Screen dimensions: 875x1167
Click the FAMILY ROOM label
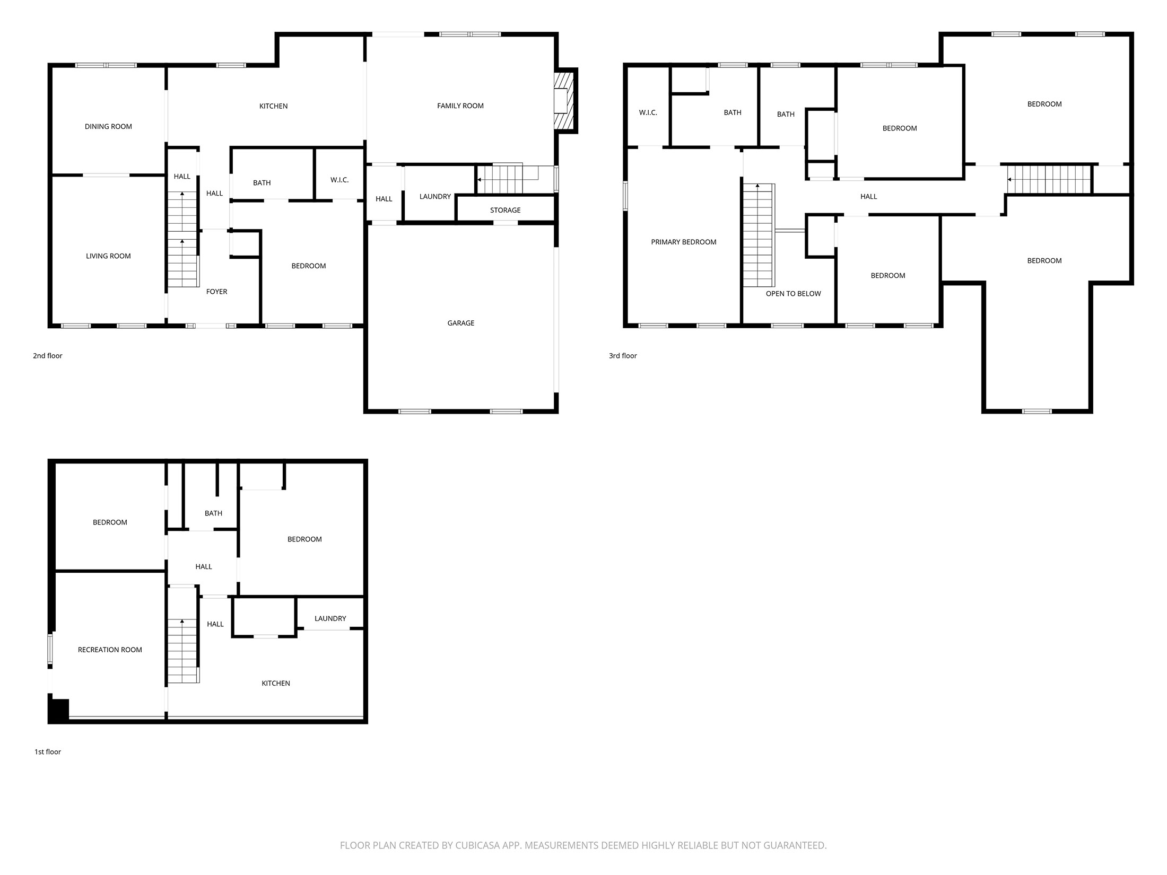(x=460, y=106)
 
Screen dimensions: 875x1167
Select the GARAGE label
(x=460, y=323)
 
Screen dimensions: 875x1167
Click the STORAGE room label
(x=505, y=211)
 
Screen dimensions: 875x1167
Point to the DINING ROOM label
(x=108, y=127)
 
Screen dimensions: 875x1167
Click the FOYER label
(x=216, y=292)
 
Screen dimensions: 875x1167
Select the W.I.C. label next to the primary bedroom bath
(x=648, y=113)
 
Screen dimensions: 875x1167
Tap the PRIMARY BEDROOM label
(x=683, y=242)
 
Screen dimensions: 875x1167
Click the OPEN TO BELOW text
(x=793, y=294)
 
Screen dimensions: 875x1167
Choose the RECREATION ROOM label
(x=110, y=650)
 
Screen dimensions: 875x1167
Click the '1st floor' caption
(x=48, y=752)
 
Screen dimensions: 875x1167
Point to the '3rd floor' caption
(x=623, y=356)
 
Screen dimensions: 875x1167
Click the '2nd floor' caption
(x=48, y=356)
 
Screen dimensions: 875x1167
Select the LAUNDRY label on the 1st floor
(x=330, y=619)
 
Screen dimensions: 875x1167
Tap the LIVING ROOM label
(x=108, y=256)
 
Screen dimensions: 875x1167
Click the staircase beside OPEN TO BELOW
(x=758, y=236)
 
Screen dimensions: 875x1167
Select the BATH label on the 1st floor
(x=213, y=513)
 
